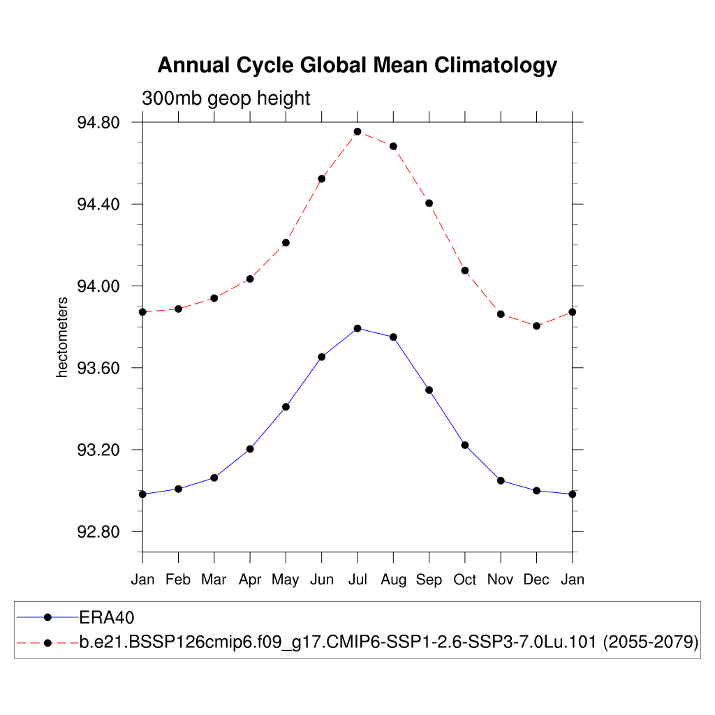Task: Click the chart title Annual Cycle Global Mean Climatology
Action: point(357,65)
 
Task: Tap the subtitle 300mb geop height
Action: point(226,98)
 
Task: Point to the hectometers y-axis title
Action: point(62,337)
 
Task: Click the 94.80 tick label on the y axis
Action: point(98,123)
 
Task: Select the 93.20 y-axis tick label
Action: point(98,450)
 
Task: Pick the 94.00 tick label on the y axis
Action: point(98,286)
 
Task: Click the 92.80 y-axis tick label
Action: point(98,532)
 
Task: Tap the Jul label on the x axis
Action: point(357,580)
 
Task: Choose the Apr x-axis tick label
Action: point(250,580)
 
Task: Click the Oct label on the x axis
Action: point(465,580)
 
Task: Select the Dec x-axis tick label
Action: point(536,580)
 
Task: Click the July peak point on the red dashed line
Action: point(357,131)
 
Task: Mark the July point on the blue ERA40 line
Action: point(357,328)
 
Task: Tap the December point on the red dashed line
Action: point(536,325)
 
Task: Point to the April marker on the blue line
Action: point(250,449)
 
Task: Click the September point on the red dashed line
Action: point(429,203)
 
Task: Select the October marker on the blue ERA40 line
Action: point(465,445)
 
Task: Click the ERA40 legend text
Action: point(106,617)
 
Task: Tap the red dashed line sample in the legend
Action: point(47,642)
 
